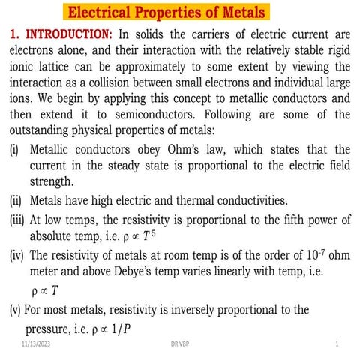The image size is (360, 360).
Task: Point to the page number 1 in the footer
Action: (337, 343)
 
